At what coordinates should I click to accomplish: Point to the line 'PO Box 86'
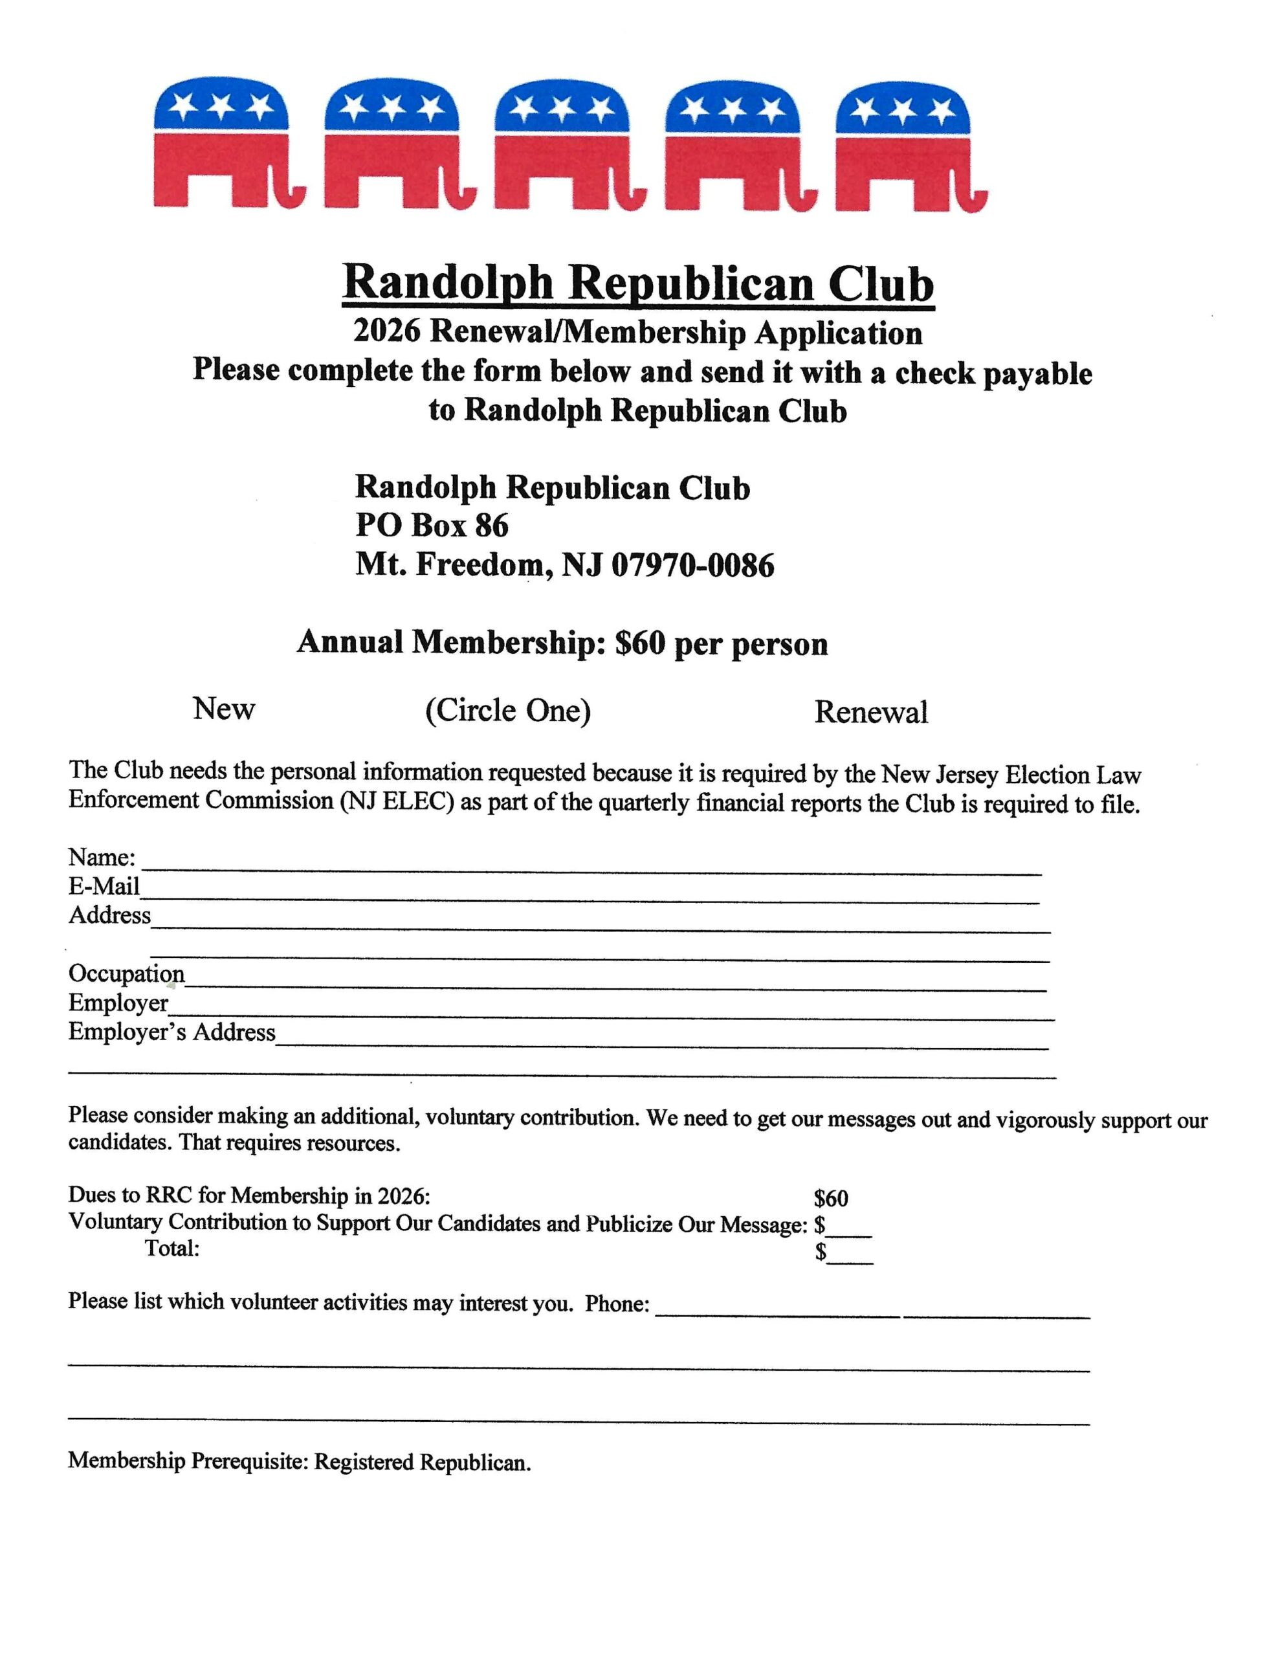(x=432, y=526)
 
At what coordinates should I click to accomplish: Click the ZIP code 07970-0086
(x=692, y=565)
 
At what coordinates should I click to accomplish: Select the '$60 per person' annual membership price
(x=721, y=643)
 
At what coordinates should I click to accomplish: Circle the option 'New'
(x=224, y=709)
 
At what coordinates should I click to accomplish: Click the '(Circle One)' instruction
(x=507, y=711)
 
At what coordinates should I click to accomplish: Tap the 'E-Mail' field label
(x=104, y=886)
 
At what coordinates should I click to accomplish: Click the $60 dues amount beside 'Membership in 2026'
(x=831, y=1199)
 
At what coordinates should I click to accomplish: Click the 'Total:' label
(x=172, y=1248)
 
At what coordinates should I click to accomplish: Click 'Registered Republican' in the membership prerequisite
(x=422, y=1462)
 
